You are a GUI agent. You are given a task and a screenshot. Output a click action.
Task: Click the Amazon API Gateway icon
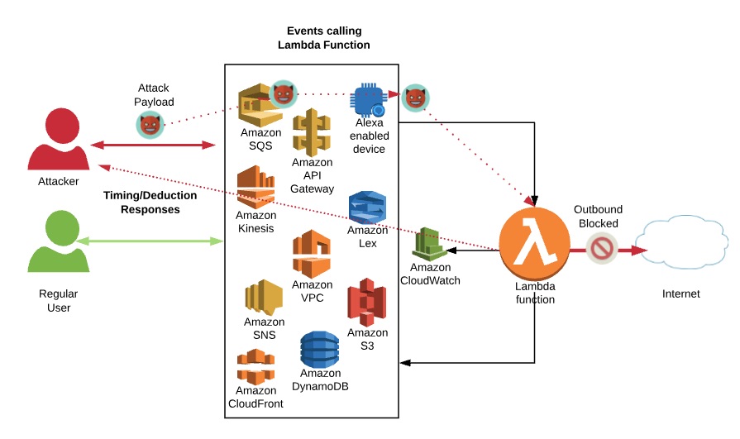pyautogui.click(x=312, y=131)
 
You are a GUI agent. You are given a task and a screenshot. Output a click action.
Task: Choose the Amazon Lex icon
pyautogui.click(x=367, y=207)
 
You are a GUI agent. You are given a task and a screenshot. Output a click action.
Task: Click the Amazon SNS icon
pyautogui.click(x=264, y=297)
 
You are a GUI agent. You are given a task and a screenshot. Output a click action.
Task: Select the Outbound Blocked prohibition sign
pyautogui.click(x=602, y=247)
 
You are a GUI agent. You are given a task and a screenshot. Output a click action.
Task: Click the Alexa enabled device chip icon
pyautogui.click(x=369, y=100)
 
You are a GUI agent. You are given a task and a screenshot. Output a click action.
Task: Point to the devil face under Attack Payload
pyautogui.click(x=150, y=125)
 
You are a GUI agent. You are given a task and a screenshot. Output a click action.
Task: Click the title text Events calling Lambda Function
pyautogui.click(x=323, y=38)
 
